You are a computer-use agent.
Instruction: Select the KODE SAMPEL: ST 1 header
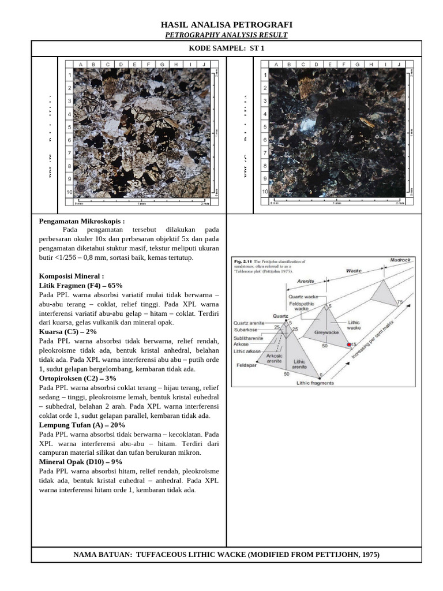[x=226, y=48]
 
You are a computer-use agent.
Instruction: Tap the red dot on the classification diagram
[x=349, y=345]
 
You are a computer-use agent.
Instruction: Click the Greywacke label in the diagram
[x=325, y=332]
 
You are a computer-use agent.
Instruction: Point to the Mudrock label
[x=400, y=260]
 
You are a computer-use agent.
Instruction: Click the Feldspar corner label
[x=246, y=365]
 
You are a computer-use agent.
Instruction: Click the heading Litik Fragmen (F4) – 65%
[x=81, y=286]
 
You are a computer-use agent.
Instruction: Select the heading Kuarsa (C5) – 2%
[x=68, y=332]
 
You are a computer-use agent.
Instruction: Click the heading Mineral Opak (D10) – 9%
[x=80, y=462]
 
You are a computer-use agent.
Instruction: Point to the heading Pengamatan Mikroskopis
[x=81, y=221]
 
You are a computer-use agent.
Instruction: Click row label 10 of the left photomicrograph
[x=69, y=191]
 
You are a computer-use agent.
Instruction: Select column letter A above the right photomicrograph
[x=276, y=65]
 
